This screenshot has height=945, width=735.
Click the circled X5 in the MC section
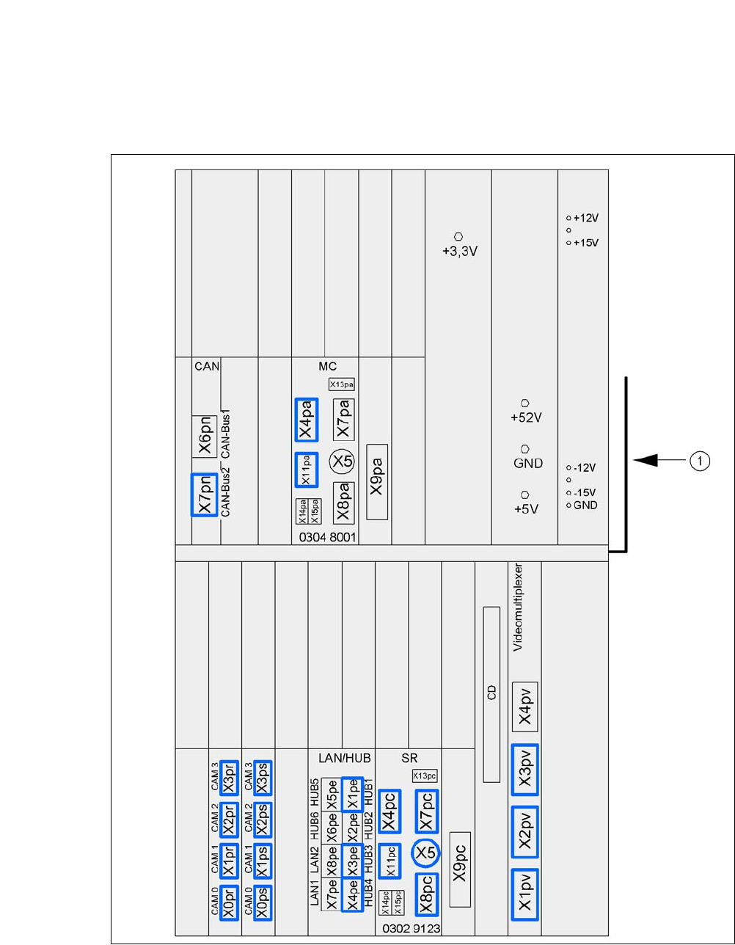[x=341, y=461]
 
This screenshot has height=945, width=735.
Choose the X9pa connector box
[x=377, y=482]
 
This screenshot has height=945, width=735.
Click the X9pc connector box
[x=460, y=870]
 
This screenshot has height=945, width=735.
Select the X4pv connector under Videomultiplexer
[x=525, y=706]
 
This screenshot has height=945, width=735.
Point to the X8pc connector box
[x=425, y=894]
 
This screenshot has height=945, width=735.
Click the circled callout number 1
[x=701, y=461]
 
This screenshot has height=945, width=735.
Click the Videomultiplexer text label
[x=518, y=607]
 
